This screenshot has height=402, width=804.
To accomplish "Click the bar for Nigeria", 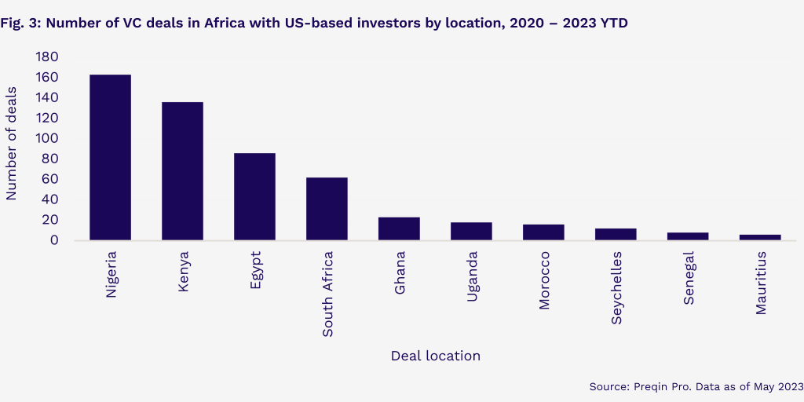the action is pyautogui.click(x=110, y=157).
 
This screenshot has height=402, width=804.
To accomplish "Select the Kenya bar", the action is pyautogui.click(x=182, y=171).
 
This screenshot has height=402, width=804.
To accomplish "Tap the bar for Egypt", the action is pyautogui.click(x=255, y=196).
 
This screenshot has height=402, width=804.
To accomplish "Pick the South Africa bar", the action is pyautogui.click(x=327, y=209).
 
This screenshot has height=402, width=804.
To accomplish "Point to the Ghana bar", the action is pyautogui.click(x=399, y=228).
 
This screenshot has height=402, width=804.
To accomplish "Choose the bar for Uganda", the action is pyautogui.click(x=471, y=232).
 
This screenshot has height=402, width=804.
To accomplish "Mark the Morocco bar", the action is pyautogui.click(x=543, y=232).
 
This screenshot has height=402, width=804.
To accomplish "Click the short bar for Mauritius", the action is pyautogui.click(x=760, y=237).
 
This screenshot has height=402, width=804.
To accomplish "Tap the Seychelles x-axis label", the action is pyautogui.click(x=616, y=287).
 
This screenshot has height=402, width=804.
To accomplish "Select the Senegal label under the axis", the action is pyautogui.click(x=689, y=278).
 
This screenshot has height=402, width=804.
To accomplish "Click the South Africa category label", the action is pyautogui.click(x=327, y=294).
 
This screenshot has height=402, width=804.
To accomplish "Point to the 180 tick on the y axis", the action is pyautogui.click(x=47, y=57).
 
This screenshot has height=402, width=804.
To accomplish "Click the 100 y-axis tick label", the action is pyautogui.click(x=47, y=138).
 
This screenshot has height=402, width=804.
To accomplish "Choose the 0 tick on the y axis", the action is pyautogui.click(x=55, y=240).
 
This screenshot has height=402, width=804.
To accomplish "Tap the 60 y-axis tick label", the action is pyautogui.click(x=51, y=179).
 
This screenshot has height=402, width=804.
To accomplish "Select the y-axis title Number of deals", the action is pyautogui.click(x=11, y=144).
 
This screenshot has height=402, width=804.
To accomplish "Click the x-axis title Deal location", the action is pyautogui.click(x=435, y=356).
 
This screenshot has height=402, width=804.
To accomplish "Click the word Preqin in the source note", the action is pyautogui.click(x=649, y=386).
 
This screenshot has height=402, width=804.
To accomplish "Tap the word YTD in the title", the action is pyautogui.click(x=614, y=24).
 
